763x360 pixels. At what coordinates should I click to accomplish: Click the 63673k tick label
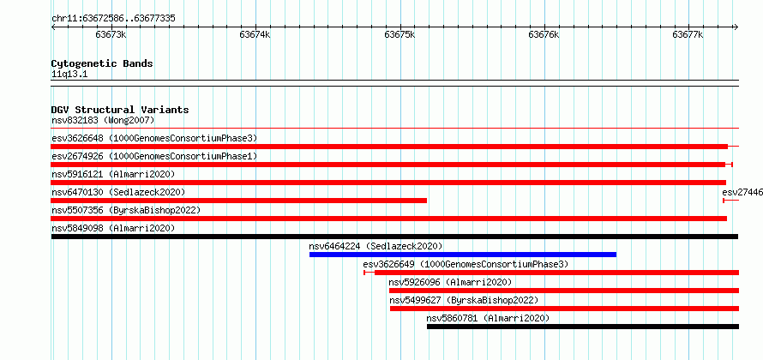(111, 34)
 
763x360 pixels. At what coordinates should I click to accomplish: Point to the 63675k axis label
(400, 34)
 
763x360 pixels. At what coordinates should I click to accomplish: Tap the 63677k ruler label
(688, 34)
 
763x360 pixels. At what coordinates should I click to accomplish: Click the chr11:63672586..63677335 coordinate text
(113, 19)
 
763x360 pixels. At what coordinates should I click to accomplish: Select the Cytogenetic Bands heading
(102, 63)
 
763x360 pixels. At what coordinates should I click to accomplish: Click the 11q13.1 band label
(69, 75)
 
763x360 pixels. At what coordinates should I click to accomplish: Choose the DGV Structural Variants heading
(120, 110)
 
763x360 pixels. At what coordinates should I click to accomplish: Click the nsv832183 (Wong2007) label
(103, 120)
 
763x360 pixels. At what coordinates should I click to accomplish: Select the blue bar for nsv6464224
(463, 255)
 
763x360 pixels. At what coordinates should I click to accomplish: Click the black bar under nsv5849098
(394, 237)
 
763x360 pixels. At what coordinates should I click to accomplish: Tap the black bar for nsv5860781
(583, 327)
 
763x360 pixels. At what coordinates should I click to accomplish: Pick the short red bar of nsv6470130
(239, 201)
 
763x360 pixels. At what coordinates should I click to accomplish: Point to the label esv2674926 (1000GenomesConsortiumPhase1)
(154, 156)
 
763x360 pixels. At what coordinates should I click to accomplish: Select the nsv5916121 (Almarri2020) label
(113, 174)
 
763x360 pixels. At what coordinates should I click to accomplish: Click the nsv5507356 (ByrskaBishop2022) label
(126, 210)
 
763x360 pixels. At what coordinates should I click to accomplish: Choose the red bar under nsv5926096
(564, 291)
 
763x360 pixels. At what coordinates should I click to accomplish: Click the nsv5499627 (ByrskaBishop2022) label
(464, 300)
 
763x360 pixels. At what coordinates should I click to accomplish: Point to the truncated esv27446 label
(742, 192)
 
